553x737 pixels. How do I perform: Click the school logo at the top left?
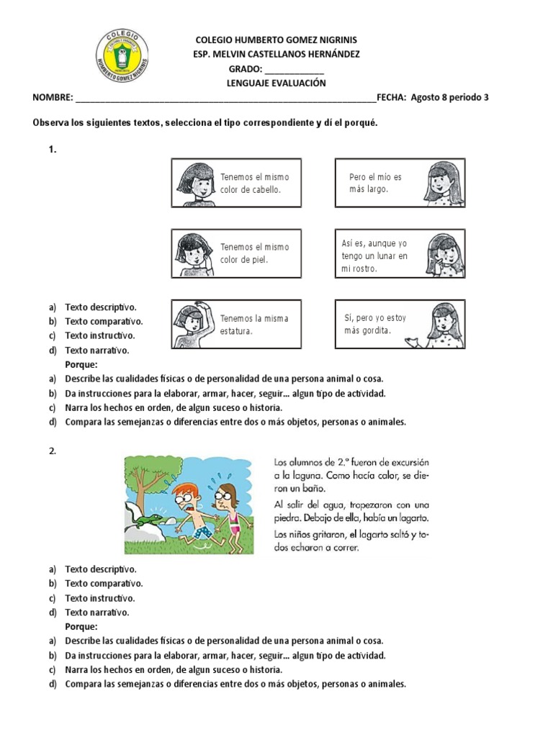122,57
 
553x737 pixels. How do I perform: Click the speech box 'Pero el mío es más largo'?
400,183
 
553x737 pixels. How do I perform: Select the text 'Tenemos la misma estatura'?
253,325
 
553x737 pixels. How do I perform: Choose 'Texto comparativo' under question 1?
104,322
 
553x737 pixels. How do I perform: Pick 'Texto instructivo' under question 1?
100,335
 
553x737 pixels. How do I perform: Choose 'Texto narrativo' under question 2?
97,612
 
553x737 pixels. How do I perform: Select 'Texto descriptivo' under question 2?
100,569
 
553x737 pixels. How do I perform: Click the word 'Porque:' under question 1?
81,364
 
